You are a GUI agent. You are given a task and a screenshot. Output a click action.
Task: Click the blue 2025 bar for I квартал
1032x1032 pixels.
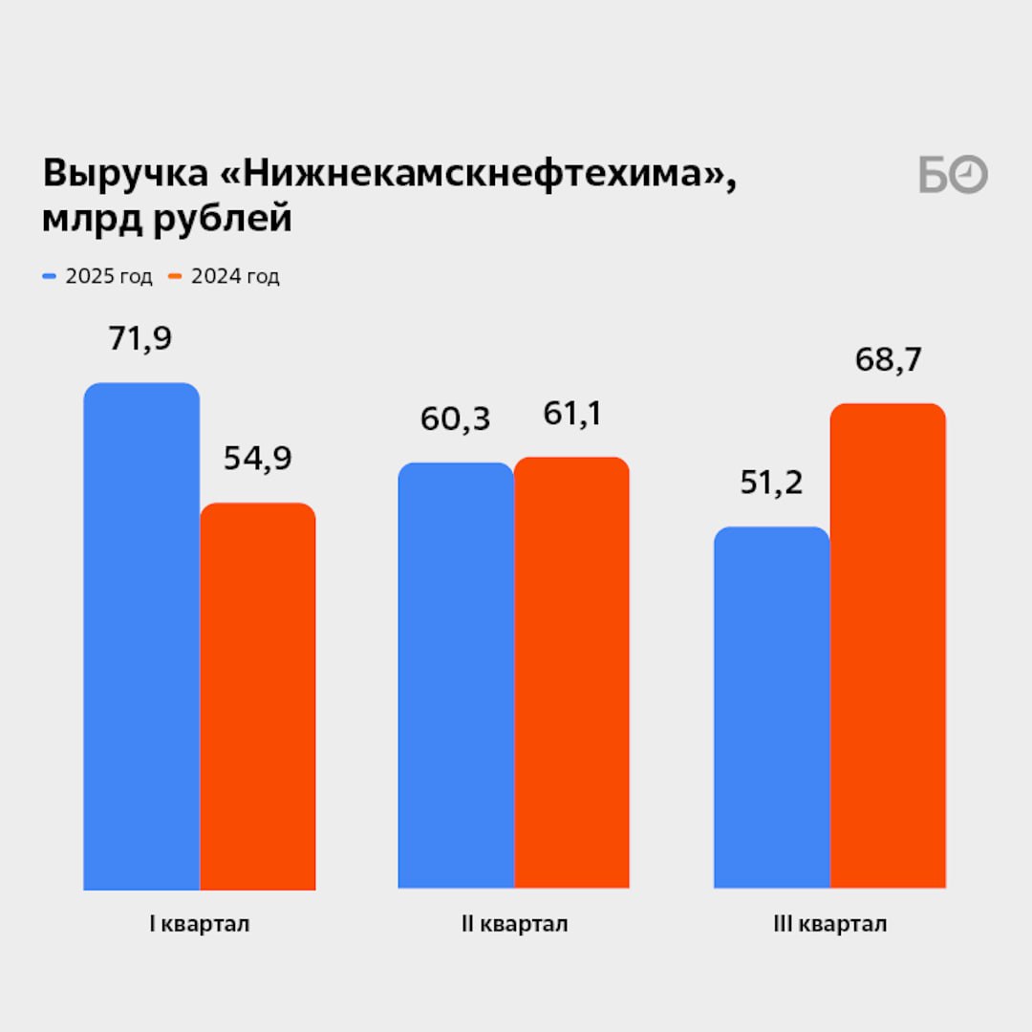141,635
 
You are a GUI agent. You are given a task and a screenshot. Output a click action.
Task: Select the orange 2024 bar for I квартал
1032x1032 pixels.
257,696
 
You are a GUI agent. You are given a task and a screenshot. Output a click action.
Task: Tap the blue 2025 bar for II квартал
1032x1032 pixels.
456,676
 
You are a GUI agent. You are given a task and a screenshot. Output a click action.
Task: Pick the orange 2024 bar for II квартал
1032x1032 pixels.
571,673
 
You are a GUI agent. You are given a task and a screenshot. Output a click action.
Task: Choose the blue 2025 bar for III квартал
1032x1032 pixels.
771,707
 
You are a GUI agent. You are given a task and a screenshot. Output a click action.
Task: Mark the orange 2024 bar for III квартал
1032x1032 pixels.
888,646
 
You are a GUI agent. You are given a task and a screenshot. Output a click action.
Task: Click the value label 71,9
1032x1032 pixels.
141,339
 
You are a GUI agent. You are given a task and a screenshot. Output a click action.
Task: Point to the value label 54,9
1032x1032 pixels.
257,459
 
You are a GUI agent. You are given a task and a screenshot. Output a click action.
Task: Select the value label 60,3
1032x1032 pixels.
456,419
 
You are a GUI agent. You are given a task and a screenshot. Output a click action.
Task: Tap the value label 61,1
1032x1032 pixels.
571,415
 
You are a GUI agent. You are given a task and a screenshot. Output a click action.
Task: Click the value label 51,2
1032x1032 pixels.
771,484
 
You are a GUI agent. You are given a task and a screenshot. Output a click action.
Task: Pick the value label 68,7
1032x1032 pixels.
888,360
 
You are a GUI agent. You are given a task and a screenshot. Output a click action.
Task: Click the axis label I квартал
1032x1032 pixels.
199,925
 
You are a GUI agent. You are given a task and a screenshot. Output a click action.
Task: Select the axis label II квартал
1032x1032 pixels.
514,925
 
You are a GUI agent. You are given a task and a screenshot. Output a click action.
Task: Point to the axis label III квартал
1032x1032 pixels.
829,925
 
